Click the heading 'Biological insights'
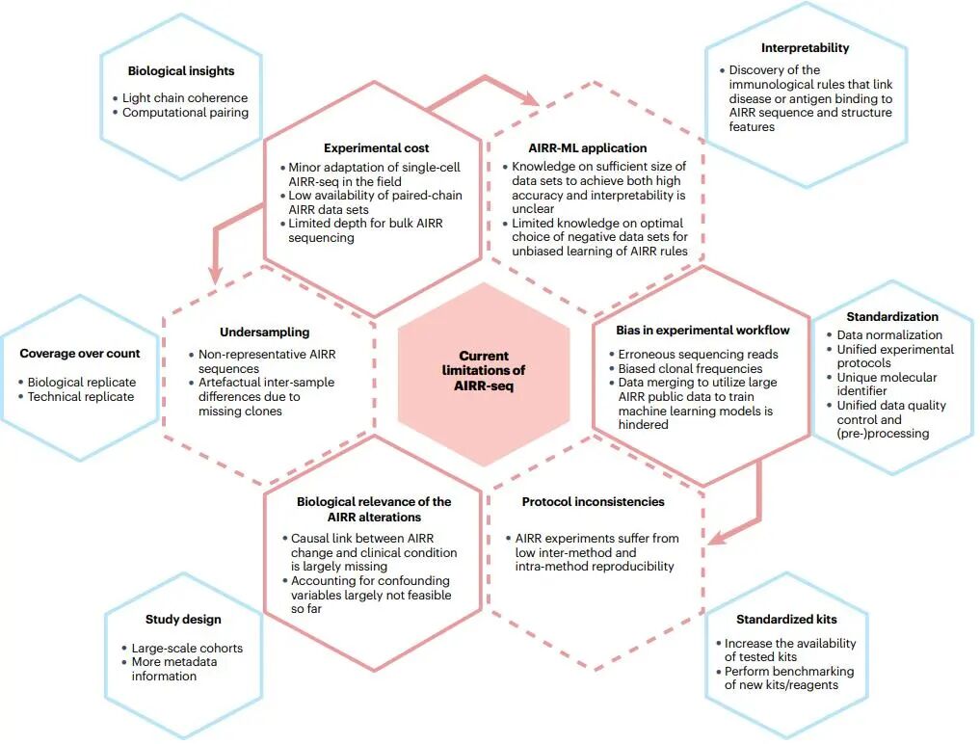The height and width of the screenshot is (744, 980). [181, 70]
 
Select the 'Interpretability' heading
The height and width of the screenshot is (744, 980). [805, 47]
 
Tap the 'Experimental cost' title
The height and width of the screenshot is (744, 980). [376, 148]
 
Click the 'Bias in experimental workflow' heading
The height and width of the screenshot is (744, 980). [702, 330]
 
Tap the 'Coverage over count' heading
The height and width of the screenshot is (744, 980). [80, 354]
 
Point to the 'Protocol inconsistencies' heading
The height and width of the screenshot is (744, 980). [593, 502]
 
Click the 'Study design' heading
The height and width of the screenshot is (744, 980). [183, 619]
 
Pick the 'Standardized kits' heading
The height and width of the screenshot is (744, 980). [786, 619]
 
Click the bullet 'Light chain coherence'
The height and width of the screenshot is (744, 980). [185, 98]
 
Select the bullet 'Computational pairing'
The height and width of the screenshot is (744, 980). [185, 112]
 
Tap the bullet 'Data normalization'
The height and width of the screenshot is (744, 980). [889, 334]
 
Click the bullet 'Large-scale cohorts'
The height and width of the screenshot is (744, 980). [187, 648]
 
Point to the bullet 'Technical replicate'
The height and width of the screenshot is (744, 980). [81, 396]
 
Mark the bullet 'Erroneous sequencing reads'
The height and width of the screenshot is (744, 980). [698, 354]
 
